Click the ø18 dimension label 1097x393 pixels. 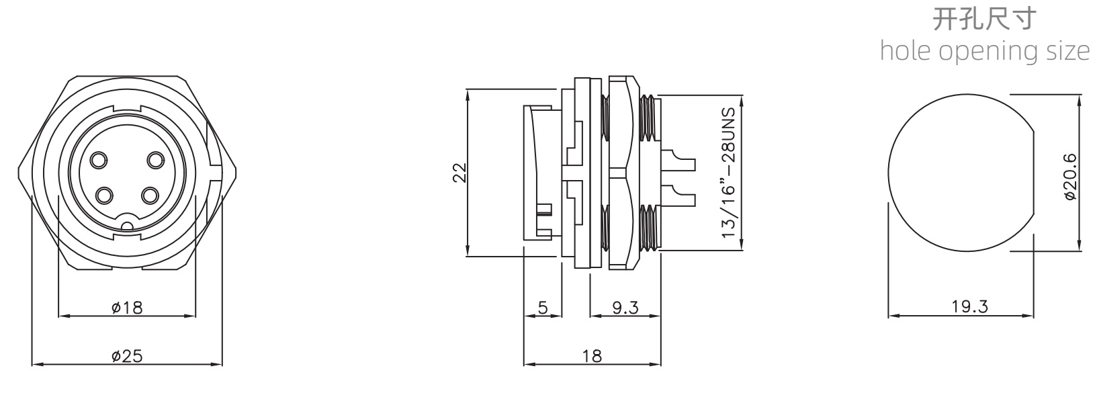[127, 308]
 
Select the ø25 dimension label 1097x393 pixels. [127, 356]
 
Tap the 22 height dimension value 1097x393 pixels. [459, 173]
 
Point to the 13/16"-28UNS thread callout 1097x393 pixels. [729, 173]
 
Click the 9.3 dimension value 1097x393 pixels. [625, 308]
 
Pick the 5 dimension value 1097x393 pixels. [543, 308]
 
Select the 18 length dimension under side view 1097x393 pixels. [592, 356]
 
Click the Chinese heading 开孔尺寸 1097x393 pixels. [984, 19]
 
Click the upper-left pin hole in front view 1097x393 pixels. [99, 160]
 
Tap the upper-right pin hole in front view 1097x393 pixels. [155, 160]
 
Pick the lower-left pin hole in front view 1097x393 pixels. [104, 196]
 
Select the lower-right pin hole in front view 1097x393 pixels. [150, 196]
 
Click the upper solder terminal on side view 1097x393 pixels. [678, 161]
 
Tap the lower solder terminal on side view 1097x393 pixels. [678, 195]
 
